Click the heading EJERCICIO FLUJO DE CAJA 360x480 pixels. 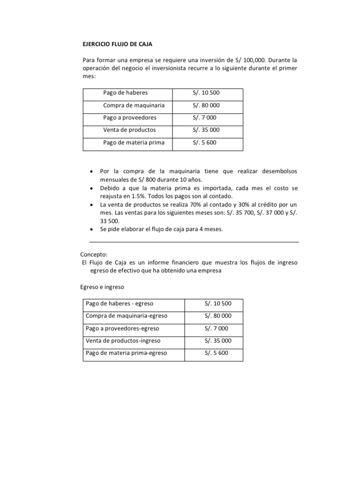pos(118,44)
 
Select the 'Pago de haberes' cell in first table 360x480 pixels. pos(122,93)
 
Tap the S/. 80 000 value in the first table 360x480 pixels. pos(206,105)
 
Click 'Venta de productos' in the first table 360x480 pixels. pos(129,130)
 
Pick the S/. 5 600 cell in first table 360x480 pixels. pos(204,142)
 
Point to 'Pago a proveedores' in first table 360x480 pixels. pos(130,118)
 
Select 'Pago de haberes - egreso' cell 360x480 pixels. pos(119,304)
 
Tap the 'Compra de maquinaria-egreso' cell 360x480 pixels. pos(126,316)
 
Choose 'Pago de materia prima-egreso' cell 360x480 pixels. pos(126,353)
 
